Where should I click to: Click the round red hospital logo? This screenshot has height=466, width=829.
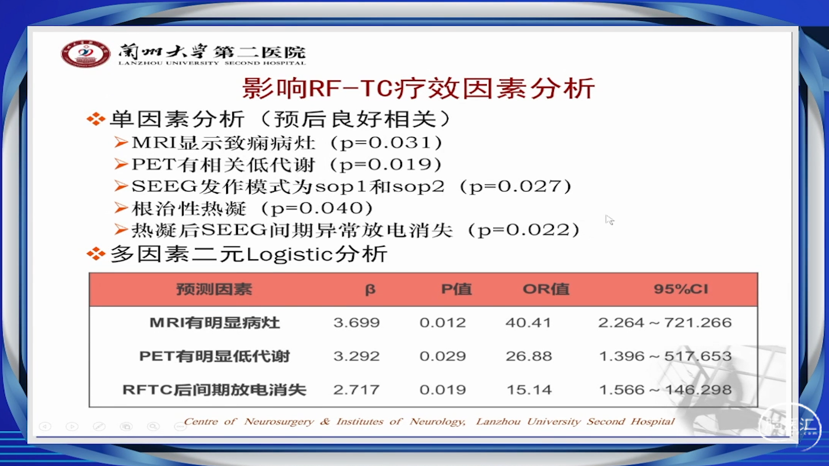coord(85,54)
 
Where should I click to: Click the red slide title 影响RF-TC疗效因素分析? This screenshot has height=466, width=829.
coord(418,88)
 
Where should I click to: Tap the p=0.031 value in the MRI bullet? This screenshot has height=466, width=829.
coord(386,143)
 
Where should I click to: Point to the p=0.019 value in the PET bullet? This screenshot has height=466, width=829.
coord(386,164)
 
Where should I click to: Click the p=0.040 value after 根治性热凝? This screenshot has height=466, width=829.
coord(317,208)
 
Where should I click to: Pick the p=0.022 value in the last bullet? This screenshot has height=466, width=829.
coord(524,230)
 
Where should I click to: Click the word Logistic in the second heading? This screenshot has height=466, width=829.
coord(290,254)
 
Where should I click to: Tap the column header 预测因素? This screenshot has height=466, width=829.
coord(214,289)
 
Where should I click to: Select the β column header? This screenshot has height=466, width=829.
coord(370,290)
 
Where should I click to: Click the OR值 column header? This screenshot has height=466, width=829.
coord(546,289)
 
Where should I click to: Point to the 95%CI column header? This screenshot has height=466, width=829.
coord(681,289)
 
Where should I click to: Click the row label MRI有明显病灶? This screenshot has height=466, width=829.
coord(215,323)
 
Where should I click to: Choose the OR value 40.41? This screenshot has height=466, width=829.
coord(528,323)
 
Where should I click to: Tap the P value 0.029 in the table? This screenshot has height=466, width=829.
coord(443,356)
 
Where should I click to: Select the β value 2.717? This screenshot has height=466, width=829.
coord(356,390)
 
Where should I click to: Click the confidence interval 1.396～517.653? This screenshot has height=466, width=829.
coord(665,356)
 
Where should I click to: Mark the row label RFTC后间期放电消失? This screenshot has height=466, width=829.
coord(215,390)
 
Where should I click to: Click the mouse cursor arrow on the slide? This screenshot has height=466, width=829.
coord(609,220)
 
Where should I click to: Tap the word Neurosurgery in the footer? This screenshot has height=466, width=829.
coord(279,422)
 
